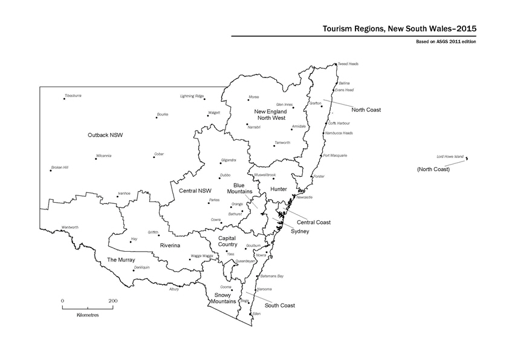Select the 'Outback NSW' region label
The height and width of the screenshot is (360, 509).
pyautogui.click(x=105, y=135)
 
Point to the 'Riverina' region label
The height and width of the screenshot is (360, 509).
pyautogui.click(x=172, y=245)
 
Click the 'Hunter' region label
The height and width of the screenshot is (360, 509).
pyautogui.click(x=278, y=189)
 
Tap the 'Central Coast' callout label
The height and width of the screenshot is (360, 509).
pyautogui.click(x=313, y=222)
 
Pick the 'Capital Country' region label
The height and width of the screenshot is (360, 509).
pyautogui.click(x=230, y=241)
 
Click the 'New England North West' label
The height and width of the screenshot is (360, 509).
pyautogui.click(x=269, y=115)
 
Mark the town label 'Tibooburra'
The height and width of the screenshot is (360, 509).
pyautogui.click(x=73, y=96)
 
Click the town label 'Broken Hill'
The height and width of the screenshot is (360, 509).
pyautogui.click(x=60, y=167)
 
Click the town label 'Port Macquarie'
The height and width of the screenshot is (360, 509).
pyautogui.click(x=335, y=155)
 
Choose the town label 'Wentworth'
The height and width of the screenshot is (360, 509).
pyautogui.click(x=70, y=227)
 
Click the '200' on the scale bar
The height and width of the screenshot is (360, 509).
pyautogui.click(x=113, y=300)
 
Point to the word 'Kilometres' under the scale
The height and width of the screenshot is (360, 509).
pyautogui.click(x=88, y=315)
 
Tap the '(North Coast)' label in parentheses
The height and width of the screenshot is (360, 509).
pyautogui.click(x=433, y=169)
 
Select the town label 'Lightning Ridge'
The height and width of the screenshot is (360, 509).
pyautogui.click(x=192, y=96)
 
